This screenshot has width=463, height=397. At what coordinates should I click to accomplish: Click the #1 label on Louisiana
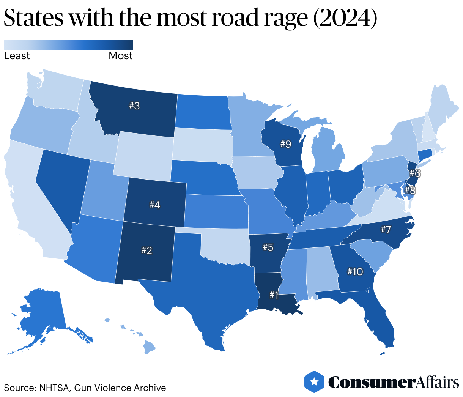coord(274,295)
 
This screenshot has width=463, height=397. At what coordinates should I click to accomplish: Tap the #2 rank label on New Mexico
coord(146,250)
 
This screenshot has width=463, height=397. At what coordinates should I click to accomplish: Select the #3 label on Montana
coord(134,106)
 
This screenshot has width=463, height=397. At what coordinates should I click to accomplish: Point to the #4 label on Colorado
coord(154,205)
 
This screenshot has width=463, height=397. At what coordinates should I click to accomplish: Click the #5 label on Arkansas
coord(268,247)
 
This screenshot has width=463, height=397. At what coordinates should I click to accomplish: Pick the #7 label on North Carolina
coord(386,229)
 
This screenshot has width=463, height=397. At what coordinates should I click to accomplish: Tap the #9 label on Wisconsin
coord(285,144)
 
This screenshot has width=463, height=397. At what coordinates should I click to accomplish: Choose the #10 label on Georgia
coord(355,272)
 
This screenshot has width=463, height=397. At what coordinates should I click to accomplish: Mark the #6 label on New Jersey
coord(415,174)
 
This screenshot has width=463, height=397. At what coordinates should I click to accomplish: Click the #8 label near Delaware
coord(410,190)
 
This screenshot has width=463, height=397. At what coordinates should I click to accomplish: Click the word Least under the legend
coord(17,56)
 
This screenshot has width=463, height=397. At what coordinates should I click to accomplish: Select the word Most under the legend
coord(120,56)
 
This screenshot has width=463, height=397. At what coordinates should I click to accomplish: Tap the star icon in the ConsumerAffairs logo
coord(314,381)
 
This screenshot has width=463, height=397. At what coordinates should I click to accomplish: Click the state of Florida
coord(380,323)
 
